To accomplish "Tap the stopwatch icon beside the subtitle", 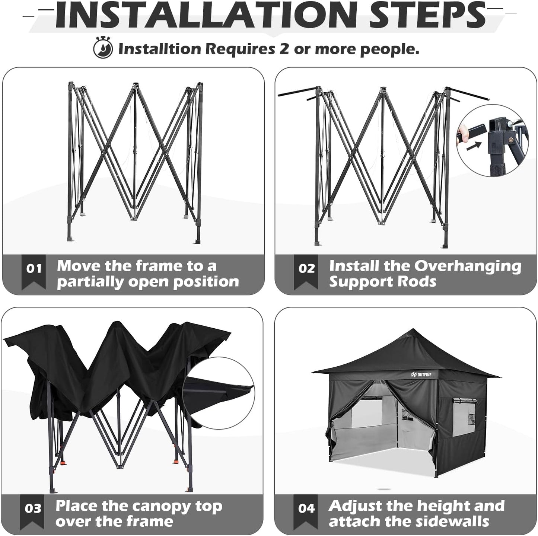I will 103,48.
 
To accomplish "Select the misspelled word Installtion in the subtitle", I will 160,49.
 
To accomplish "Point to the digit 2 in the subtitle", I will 284,49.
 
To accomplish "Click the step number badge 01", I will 34,268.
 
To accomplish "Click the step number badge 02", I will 306,268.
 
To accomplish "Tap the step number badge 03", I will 33,508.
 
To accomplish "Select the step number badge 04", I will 306,508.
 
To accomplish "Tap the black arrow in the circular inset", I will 474,146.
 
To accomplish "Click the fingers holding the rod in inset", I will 462,133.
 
